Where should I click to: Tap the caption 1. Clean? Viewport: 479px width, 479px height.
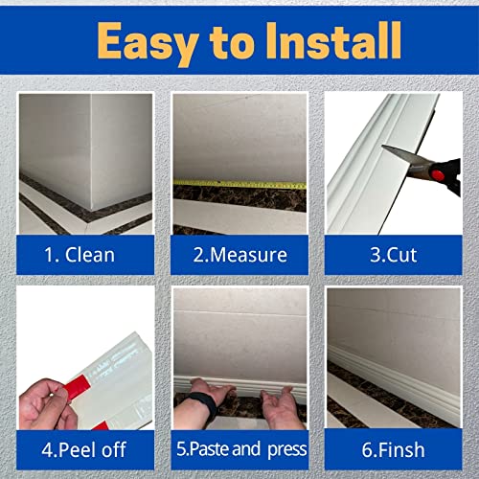(x=82, y=255)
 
